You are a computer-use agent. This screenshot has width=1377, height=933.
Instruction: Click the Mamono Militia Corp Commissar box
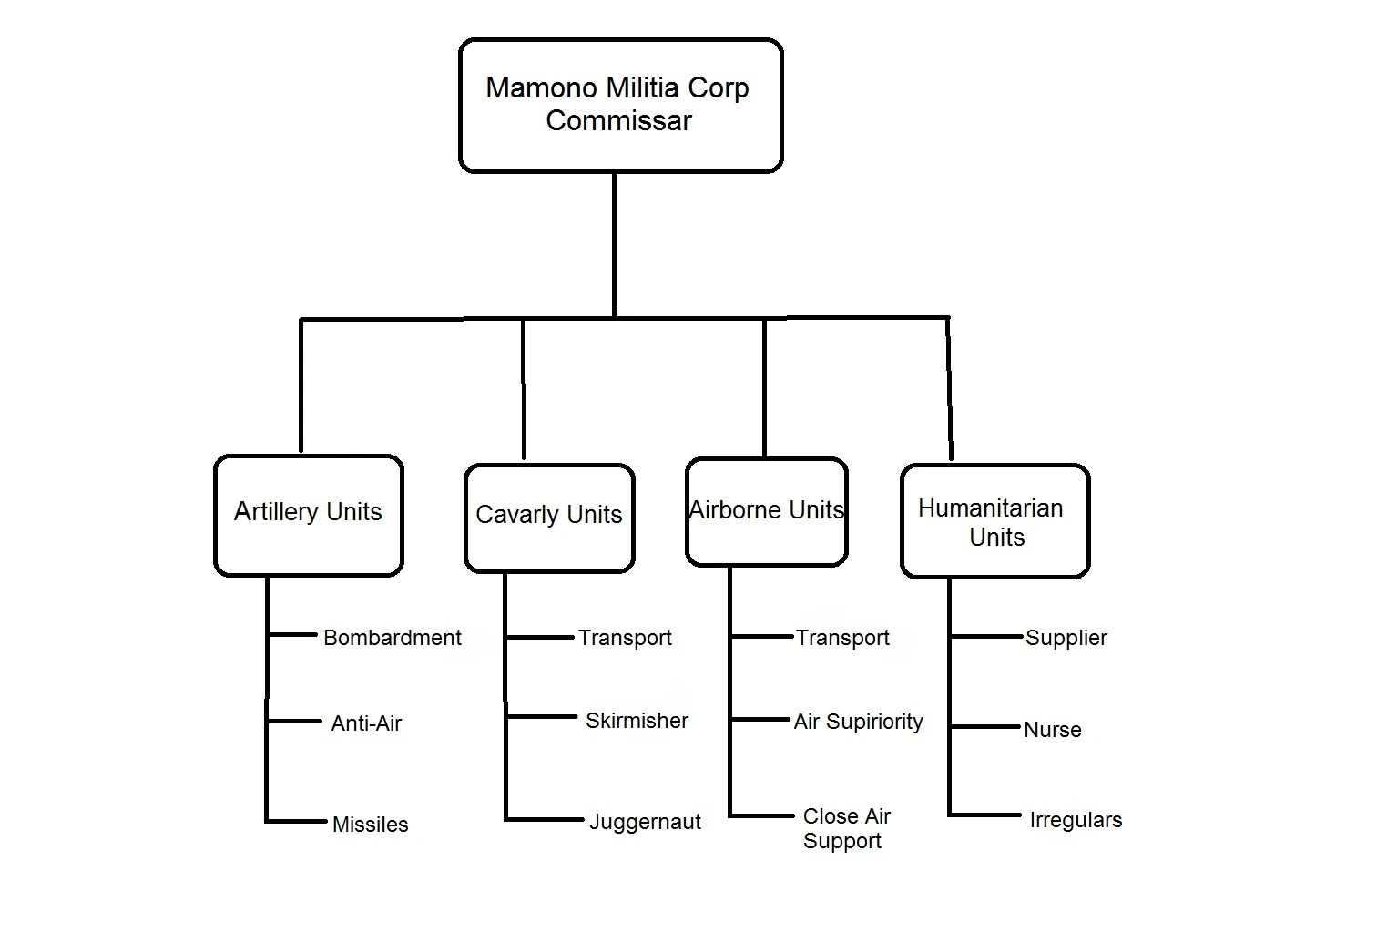[620, 105]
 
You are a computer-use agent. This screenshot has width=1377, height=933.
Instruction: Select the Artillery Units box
[309, 516]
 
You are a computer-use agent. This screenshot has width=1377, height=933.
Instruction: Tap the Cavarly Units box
[549, 518]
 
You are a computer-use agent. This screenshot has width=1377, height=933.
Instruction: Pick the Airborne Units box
[767, 511]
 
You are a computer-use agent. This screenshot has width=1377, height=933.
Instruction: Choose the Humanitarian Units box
[994, 521]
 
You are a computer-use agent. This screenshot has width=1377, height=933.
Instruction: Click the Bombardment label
[393, 638]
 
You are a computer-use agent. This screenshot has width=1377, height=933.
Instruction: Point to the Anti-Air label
[366, 723]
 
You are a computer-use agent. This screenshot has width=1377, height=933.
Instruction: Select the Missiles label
[370, 825]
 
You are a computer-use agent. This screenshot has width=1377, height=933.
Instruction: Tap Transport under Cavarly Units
[625, 639]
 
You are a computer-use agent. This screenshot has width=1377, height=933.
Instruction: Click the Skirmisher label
[637, 720]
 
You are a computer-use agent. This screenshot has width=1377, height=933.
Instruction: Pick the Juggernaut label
[645, 822]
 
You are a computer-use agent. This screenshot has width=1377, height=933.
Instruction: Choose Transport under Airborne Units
[842, 639]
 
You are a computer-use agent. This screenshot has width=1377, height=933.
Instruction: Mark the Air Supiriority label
[858, 722]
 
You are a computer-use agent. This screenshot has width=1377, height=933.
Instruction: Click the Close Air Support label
[846, 828]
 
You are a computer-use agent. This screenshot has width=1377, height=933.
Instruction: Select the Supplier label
[1066, 639]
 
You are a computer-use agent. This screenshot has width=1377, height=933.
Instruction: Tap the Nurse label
[1053, 730]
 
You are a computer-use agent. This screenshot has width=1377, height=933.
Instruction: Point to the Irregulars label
[1076, 820]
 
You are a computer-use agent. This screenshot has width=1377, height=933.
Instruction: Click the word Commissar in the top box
[618, 120]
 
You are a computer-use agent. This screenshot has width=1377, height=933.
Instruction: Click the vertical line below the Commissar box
[614, 245]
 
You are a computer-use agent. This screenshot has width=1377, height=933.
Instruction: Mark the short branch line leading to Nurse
[984, 726]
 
